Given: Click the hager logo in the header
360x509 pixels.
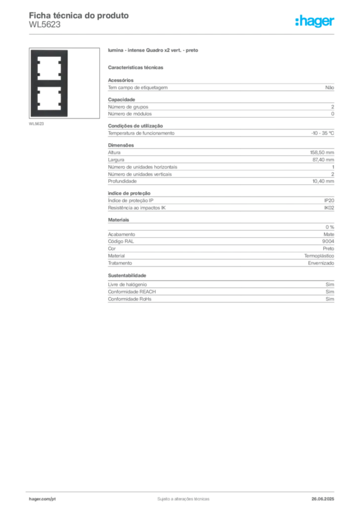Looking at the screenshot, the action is pos(315,21).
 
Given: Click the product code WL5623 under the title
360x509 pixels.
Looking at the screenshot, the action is pos(44,25).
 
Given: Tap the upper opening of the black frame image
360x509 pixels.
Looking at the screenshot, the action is pos(49,68).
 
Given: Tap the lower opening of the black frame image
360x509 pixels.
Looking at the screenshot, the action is pos(49,98).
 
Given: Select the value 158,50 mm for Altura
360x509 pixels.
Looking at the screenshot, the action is pos(322,153).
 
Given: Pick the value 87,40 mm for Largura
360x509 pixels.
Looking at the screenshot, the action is pos(323,160).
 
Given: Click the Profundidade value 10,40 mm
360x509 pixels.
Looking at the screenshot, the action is pos(323,181).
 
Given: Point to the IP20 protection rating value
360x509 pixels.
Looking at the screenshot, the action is pos(329,201).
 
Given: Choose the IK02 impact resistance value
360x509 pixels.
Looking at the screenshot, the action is pos(329,208).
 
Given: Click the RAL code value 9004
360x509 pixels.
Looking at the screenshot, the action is pos(328,241).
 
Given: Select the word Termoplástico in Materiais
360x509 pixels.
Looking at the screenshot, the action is pos(319,256).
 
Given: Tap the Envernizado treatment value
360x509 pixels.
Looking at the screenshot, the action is pos(321,263).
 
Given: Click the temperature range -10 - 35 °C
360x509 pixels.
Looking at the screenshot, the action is pos(322,133).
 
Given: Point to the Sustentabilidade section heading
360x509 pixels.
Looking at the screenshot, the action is pos(127,275).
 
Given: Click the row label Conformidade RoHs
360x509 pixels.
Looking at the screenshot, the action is pos(129,299).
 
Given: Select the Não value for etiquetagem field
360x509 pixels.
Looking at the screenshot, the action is pos(330,87).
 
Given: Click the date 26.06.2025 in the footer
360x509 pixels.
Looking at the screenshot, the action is pos(323,499).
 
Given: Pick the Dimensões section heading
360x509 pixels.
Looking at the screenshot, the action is pos(121,145).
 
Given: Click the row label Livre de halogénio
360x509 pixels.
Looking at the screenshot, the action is pos(127,284).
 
